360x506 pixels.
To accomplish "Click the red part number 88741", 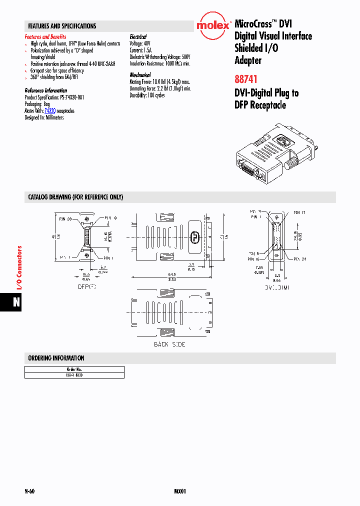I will [246, 79].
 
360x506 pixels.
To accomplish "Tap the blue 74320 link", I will [49, 110].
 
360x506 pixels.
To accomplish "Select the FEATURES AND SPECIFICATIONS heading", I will [62, 26].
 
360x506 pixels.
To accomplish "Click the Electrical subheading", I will [138, 37].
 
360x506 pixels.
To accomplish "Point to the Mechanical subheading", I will [140, 75].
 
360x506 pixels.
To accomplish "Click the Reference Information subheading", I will [46, 90].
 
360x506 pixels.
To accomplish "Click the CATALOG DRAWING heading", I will [75, 197].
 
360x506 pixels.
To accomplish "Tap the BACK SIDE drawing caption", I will [169, 344].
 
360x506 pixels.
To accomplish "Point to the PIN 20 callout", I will [66, 218].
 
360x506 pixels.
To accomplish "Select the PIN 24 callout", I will [299, 258].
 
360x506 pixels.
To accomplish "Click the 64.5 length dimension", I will [171, 274].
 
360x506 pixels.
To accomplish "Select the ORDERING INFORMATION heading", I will [56, 358].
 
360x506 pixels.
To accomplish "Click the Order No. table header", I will [74, 368].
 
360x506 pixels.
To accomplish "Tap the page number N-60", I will [29, 491].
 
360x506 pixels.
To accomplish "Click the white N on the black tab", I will [16, 302].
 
